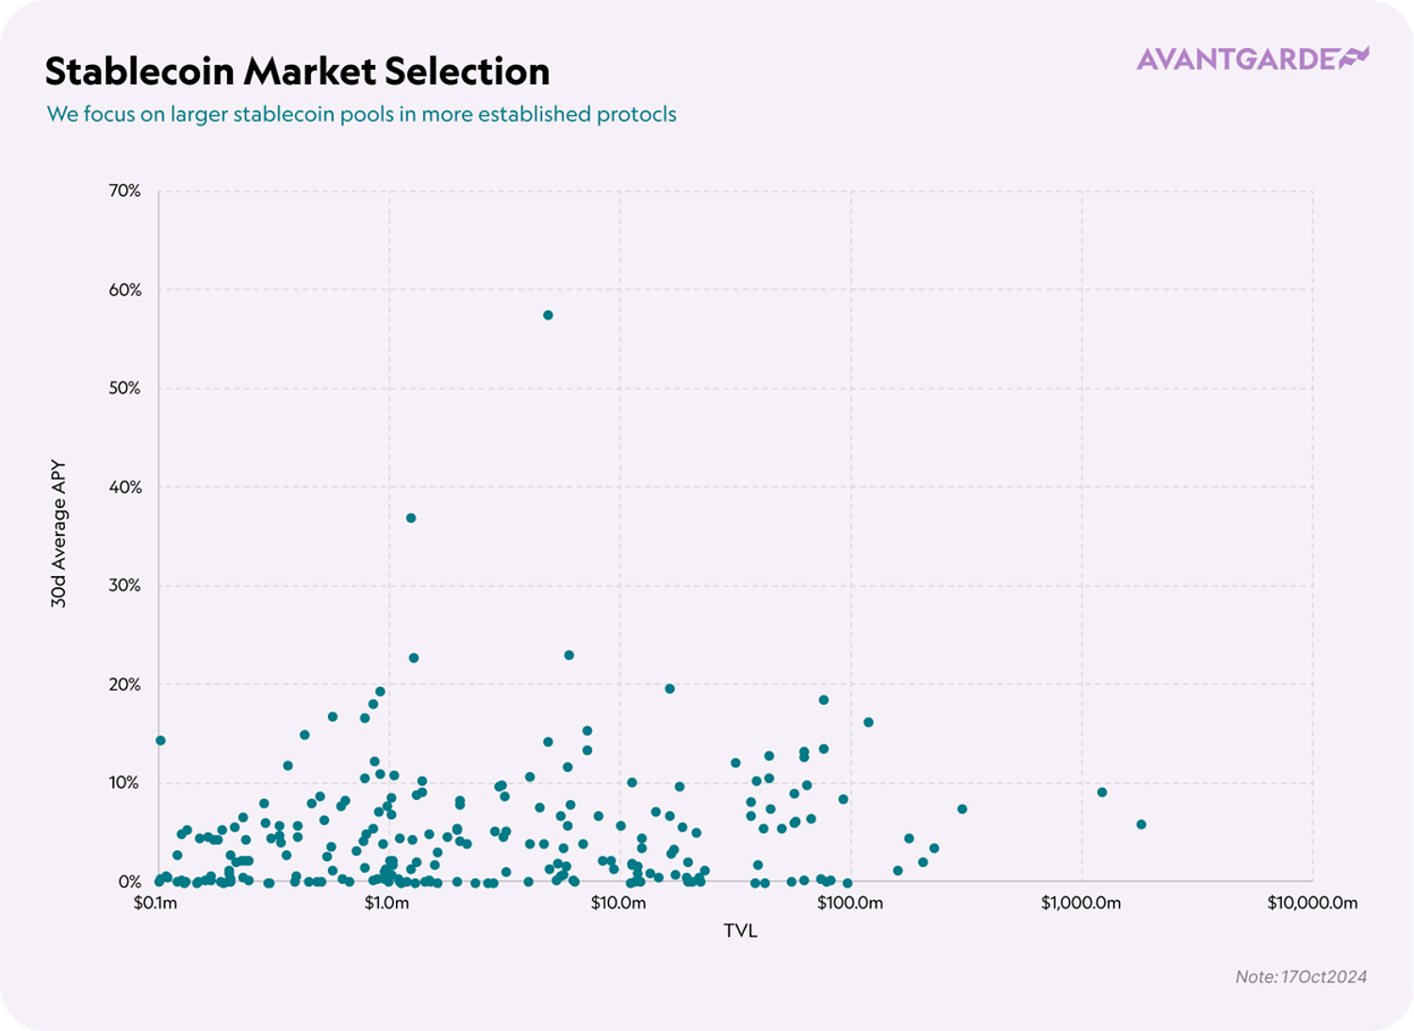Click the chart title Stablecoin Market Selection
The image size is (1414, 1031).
point(297,72)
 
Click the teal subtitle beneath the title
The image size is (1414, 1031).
point(362,114)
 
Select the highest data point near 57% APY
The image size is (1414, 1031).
point(548,315)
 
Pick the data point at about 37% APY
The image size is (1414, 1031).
point(410,517)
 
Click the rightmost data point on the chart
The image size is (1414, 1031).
point(1141,824)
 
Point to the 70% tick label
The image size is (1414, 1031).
point(124,191)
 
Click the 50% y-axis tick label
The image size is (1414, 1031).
point(124,388)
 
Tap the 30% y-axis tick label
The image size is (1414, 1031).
point(124,585)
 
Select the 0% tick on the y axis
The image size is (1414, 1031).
point(129,882)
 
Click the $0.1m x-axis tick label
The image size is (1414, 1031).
point(156,904)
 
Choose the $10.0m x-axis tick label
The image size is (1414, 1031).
point(618,904)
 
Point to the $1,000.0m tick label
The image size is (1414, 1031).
point(1080,904)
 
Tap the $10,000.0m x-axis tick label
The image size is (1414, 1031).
point(1311,904)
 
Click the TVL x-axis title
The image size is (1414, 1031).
point(740,931)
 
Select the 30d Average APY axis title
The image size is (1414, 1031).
point(58,533)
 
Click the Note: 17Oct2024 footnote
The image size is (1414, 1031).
point(1301,976)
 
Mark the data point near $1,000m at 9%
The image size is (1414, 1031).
point(1102,792)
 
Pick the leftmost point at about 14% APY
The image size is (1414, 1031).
point(160,740)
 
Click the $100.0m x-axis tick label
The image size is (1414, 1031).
point(849,904)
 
